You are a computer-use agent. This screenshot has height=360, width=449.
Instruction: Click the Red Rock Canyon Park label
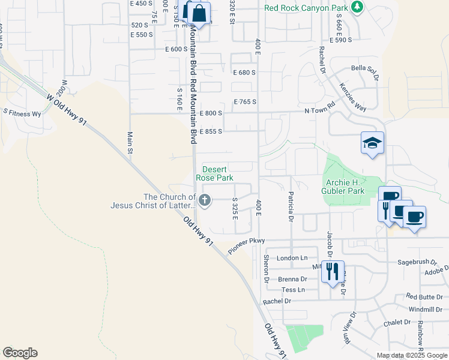coord(306,8)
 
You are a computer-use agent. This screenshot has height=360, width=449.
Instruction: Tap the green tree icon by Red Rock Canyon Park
coord(358,7)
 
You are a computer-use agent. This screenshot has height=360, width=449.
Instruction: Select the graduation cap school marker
coord(372,143)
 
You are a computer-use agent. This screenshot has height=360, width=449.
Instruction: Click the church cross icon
coord(205,200)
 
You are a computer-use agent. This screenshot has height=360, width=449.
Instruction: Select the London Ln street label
coord(292,257)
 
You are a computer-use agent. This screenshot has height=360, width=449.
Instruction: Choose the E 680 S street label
coord(244,72)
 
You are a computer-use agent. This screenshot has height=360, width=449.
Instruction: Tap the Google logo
coord(19,353)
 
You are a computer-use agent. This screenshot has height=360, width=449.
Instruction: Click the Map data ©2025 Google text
coord(411,355)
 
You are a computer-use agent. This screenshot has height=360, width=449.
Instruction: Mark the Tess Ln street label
coord(294,290)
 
